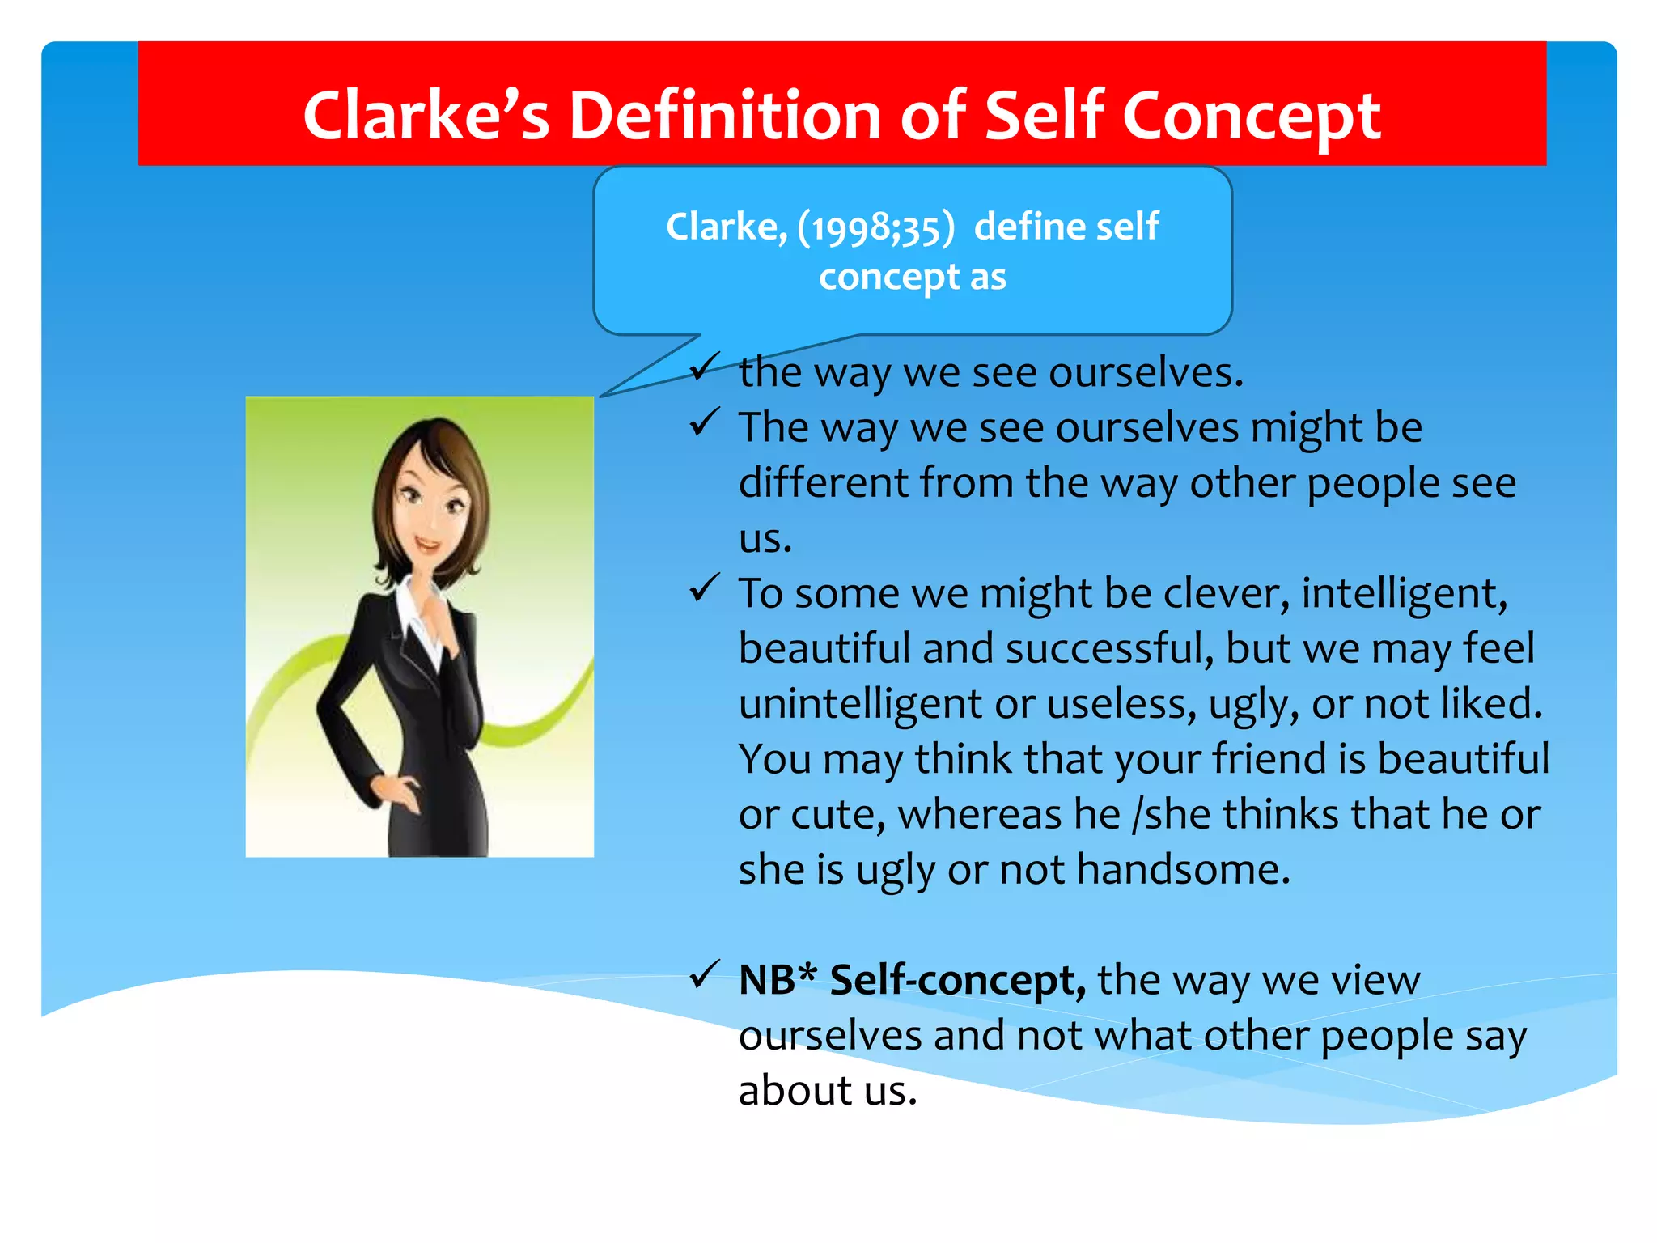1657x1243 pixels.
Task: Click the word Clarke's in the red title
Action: [426, 116]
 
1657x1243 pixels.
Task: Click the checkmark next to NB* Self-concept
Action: [704, 974]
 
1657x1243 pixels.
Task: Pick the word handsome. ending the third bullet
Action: [1183, 870]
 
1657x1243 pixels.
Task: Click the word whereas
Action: [979, 814]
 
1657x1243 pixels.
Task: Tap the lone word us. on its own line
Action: [765, 538]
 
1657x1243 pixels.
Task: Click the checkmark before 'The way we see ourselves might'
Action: [704, 422]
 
